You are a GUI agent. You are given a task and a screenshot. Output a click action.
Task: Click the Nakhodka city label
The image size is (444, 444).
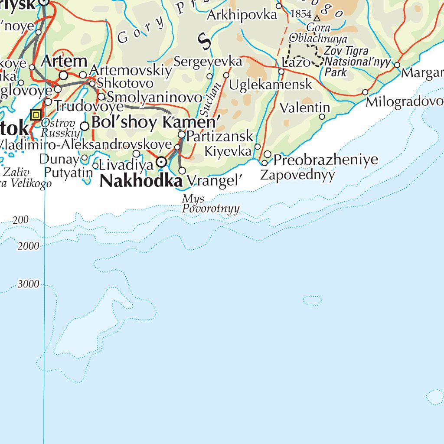pyautogui.click(x=140, y=181)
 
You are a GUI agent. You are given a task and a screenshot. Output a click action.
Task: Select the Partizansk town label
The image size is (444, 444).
pyautogui.click(x=220, y=136)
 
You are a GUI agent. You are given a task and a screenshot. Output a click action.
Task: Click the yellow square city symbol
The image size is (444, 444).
pyautogui.click(x=36, y=115)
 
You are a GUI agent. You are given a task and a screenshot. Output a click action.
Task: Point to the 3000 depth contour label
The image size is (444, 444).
pyautogui.click(x=29, y=284)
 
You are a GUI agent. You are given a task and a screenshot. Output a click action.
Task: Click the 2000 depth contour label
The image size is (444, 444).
pyautogui.click(x=29, y=246)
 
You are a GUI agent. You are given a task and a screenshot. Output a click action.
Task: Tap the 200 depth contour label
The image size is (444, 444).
pyautogui.click(x=21, y=220)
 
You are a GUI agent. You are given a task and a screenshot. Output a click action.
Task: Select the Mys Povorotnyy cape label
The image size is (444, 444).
pyautogui.click(x=211, y=204)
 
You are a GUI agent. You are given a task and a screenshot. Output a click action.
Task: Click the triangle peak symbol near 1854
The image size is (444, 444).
pyautogui.click(x=317, y=18)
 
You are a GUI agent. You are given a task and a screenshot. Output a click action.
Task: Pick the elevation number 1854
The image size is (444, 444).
pyautogui.click(x=301, y=14)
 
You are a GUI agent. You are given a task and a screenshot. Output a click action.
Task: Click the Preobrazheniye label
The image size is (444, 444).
pyautogui.click(x=326, y=160)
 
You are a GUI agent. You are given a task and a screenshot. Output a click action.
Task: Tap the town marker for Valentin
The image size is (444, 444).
pyautogui.click(x=322, y=117)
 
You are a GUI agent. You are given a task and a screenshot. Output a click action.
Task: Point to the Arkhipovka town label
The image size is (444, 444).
pyautogui.click(x=242, y=15)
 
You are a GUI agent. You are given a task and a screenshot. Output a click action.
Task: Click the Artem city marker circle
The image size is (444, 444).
pyautogui.click(x=64, y=75)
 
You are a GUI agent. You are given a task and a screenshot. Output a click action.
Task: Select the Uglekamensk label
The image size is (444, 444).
pyautogui.click(x=271, y=85)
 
